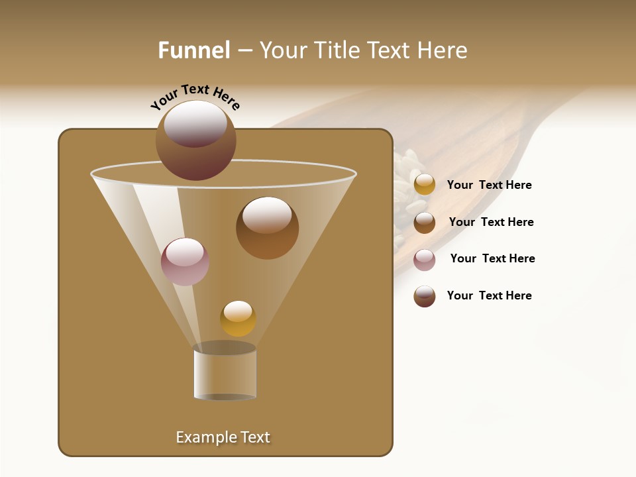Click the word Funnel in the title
point(193,50)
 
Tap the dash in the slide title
point(244,51)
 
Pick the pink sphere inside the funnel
point(185,261)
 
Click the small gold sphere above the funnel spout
point(238,319)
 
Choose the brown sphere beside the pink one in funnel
point(267,228)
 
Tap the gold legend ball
point(425,185)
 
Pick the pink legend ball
point(425,260)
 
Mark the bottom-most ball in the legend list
point(425,296)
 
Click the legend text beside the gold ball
point(489,185)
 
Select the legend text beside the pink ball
point(492,258)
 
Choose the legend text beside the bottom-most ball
point(489,295)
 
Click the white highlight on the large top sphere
point(195,123)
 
